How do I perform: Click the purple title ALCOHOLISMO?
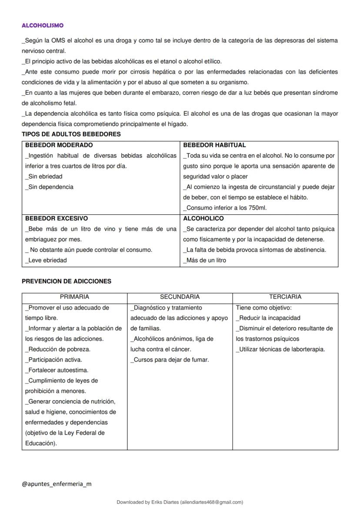[x=43, y=26]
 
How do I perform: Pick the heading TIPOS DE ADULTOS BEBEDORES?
[x=71, y=134]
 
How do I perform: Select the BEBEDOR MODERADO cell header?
[x=59, y=145]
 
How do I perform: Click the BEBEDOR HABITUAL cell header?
[x=214, y=145]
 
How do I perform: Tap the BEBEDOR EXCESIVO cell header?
[x=57, y=218]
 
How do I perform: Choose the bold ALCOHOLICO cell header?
[x=203, y=218]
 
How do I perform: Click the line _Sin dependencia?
[x=49, y=187]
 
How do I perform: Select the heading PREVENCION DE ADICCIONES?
[x=67, y=281]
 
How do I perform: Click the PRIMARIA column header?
[x=74, y=297]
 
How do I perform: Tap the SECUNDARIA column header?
[x=180, y=297]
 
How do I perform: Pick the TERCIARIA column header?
[x=285, y=297]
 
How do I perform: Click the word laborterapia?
[x=306, y=349]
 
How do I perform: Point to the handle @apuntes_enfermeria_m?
[x=57, y=484]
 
